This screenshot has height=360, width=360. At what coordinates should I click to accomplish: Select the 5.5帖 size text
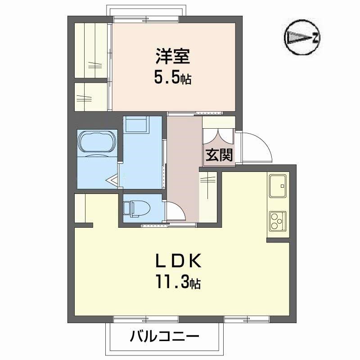click(x=173, y=78)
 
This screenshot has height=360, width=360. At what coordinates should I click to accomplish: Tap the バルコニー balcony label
click(x=165, y=336)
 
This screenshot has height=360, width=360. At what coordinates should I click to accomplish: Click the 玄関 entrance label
click(x=219, y=155)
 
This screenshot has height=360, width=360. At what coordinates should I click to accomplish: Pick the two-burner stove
click(x=277, y=220)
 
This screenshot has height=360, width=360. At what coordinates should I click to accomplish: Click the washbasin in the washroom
click(x=136, y=124)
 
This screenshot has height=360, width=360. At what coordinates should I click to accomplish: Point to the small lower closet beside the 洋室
click(x=91, y=96)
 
